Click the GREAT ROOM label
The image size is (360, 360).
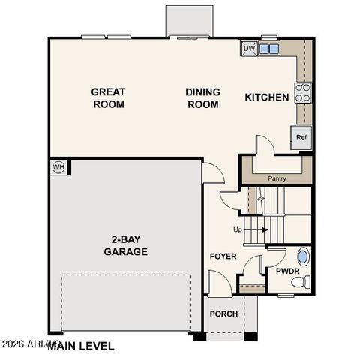tap(108, 98)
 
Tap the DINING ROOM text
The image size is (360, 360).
tap(203, 98)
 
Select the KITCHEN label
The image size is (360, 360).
tap(267, 97)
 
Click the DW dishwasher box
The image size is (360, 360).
tap(249, 49)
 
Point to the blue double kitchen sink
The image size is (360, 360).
tap(269, 49)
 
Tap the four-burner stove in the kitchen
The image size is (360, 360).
tap(304, 93)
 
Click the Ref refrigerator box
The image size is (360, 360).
tap(301, 137)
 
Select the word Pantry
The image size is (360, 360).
tap(277, 178)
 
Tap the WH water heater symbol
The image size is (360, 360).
tap(58, 166)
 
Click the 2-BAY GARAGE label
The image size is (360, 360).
tap(125, 246)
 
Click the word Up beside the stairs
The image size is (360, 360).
tap(238, 229)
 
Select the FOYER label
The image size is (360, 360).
tap(223, 256)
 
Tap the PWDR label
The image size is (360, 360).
tap(288, 271)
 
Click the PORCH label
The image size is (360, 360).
tap(223, 313)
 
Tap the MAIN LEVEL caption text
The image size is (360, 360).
tap(81, 346)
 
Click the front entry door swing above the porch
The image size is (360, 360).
tap(217, 283)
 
